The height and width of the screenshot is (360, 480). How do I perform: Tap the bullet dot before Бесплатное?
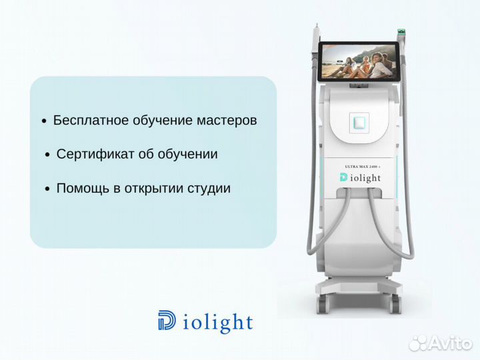(x=44, y=122)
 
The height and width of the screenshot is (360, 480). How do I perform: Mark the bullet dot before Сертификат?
(x=47, y=155)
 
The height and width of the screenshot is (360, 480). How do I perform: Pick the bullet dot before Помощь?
(x=47, y=189)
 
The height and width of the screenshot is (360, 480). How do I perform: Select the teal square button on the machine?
(x=361, y=121)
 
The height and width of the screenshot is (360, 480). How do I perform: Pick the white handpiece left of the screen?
(x=315, y=40)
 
